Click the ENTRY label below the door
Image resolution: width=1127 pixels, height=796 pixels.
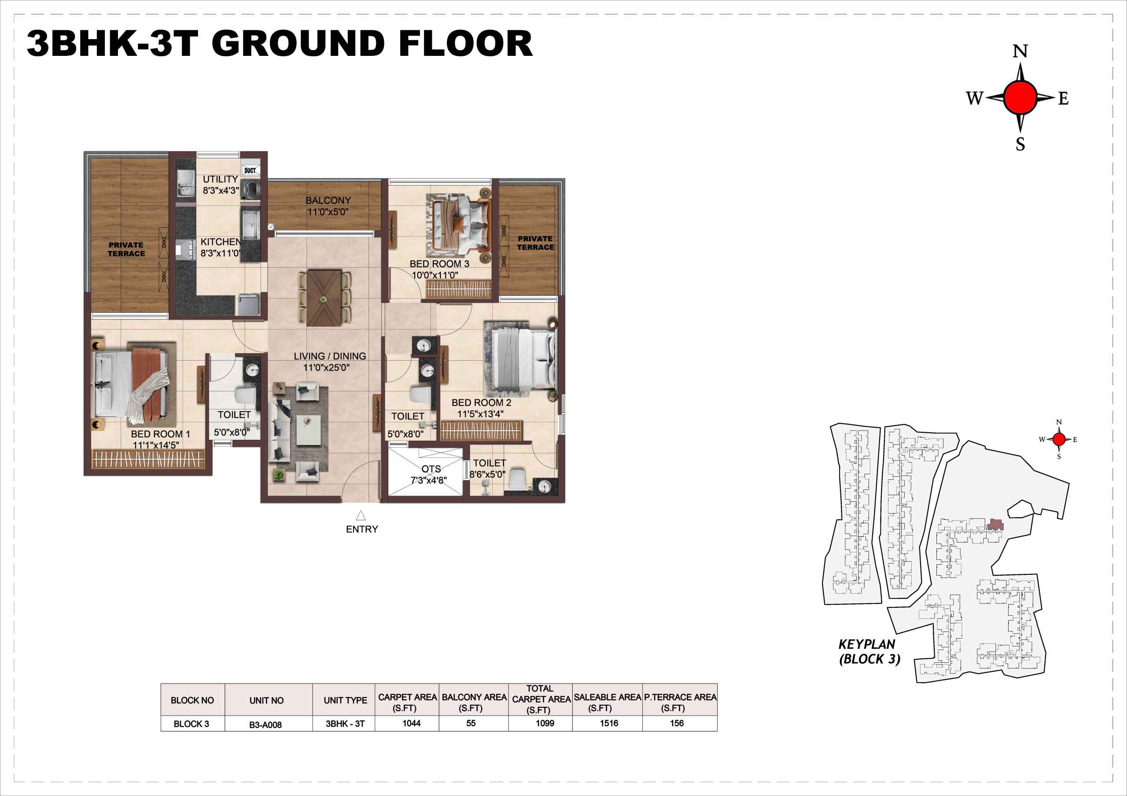(x=362, y=529)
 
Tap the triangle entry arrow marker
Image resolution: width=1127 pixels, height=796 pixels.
(x=361, y=515)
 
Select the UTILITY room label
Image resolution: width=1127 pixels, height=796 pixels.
(x=221, y=179)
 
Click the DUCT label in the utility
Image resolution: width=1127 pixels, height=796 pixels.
(x=250, y=171)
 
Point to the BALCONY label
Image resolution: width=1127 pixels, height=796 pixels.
(x=328, y=201)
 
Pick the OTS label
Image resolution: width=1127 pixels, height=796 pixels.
(x=431, y=469)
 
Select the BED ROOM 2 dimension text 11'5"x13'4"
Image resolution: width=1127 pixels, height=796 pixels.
(x=480, y=414)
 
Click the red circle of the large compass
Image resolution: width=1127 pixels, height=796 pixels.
(x=1020, y=98)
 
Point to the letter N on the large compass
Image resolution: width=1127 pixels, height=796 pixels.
(x=1020, y=51)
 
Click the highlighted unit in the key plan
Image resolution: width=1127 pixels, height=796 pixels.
(x=995, y=524)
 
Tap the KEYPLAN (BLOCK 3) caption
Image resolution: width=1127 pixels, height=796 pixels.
(x=869, y=652)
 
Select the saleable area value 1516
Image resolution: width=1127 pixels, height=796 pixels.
(x=609, y=723)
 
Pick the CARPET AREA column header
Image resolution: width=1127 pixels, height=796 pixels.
(x=407, y=702)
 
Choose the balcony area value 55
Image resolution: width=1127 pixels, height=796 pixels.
(x=471, y=723)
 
